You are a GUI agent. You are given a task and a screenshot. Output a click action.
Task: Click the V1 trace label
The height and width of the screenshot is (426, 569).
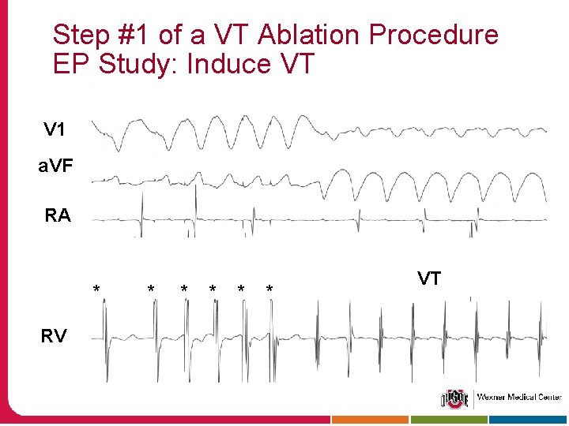55,129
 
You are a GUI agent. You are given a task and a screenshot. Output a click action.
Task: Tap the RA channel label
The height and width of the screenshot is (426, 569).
58,215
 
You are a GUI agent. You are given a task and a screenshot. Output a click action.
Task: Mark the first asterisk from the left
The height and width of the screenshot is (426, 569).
96,289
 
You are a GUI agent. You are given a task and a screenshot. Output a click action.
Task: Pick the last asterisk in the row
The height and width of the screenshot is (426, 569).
269,290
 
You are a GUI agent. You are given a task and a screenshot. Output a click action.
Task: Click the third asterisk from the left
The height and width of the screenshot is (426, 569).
183,290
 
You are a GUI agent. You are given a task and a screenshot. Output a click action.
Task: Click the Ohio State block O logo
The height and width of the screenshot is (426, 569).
454,398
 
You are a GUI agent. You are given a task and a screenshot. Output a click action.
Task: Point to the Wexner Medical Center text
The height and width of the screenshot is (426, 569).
518,398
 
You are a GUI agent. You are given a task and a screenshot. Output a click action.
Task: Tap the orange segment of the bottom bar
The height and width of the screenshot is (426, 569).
370,420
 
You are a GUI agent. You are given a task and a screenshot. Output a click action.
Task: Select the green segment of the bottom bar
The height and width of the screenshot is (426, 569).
450,420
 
